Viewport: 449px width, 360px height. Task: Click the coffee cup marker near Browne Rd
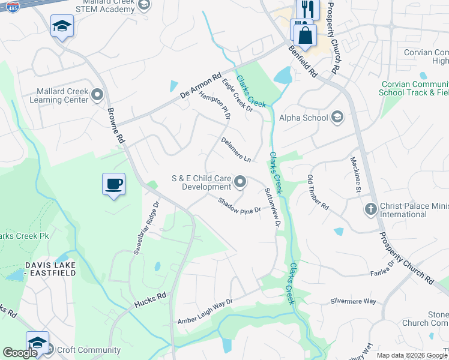[113, 184]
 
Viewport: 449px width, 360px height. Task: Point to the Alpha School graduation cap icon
[337, 117]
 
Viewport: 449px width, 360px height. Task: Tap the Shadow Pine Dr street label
[239, 206]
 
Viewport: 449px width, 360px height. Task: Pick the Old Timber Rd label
[318, 192]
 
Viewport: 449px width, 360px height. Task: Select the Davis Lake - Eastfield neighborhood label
[50, 269]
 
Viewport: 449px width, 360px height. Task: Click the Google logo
[19, 353]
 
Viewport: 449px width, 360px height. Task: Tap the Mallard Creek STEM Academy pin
[143, 5]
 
